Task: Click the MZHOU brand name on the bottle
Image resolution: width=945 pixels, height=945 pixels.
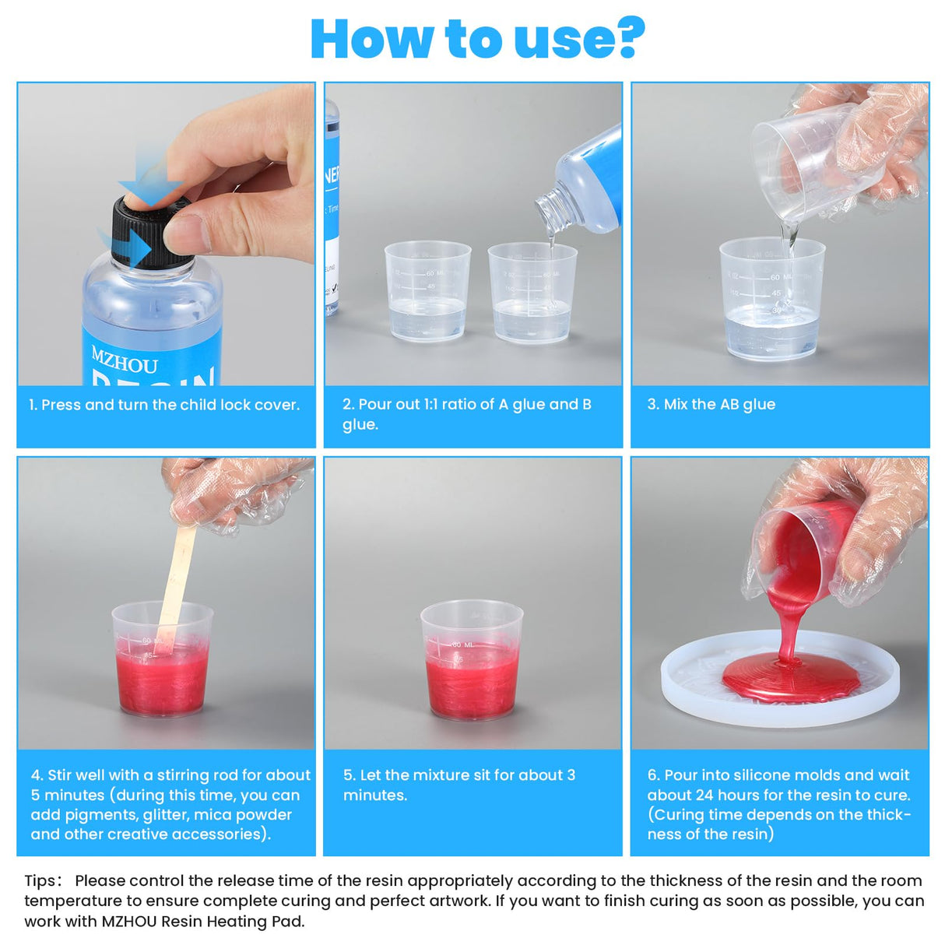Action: pos(124,361)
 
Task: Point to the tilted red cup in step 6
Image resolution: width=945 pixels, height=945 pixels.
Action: pos(802,553)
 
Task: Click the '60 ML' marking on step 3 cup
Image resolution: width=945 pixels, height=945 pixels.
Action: pos(780,277)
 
